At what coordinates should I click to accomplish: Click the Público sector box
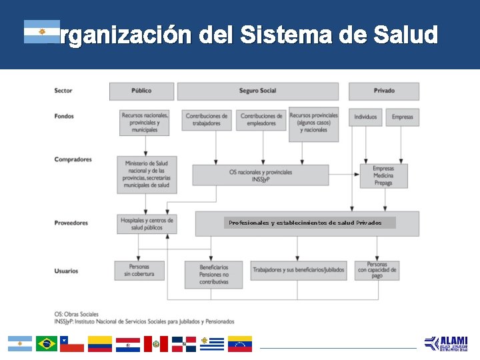141,91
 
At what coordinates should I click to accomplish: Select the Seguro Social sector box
258,91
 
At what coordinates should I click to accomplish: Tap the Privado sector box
384,91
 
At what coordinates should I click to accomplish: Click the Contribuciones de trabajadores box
207,119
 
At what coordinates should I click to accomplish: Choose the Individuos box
365,117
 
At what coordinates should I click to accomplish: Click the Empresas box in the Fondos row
402,117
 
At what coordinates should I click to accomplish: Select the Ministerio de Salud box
147,175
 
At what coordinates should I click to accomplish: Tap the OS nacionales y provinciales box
261,175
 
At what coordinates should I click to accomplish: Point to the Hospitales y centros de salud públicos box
147,223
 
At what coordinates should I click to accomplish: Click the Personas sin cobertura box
140,270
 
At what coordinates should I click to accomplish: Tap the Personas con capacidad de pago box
377,269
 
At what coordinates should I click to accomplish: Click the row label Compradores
73,160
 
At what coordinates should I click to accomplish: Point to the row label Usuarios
67,271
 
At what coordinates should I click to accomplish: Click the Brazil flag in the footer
47,344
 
